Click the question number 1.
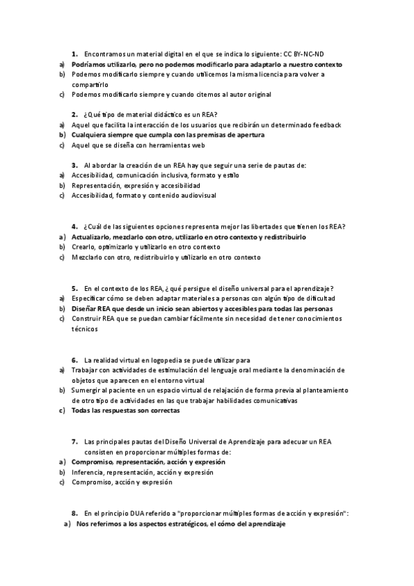(74, 53)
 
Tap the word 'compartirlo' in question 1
(87, 84)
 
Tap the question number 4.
(74, 227)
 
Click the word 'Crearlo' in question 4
(84, 247)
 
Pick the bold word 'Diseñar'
(84, 308)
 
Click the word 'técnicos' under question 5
(85, 329)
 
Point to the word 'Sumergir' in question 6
(86, 390)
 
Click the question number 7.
(74, 442)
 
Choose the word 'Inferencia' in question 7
(88, 472)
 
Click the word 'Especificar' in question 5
(89, 298)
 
